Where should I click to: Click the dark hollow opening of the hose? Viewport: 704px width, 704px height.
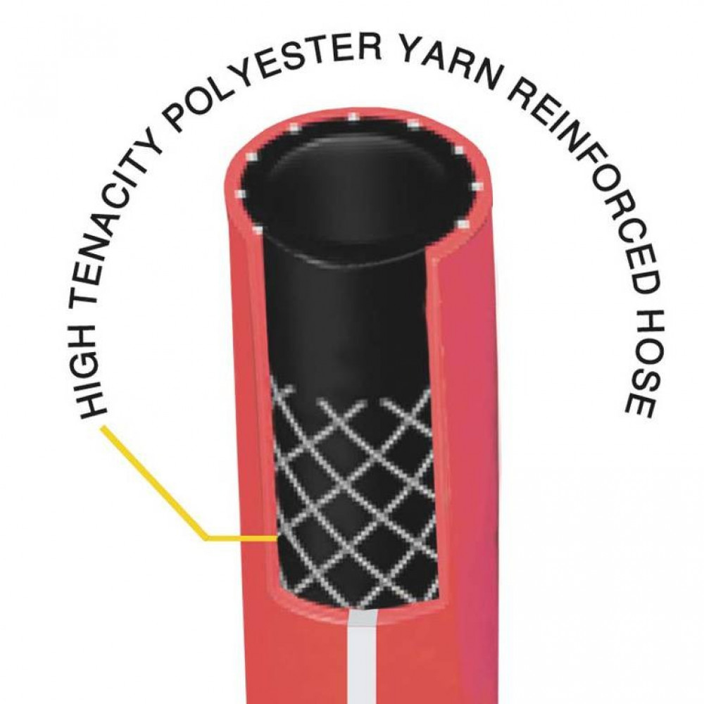359,189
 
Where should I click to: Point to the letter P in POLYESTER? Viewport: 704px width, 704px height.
175,119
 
